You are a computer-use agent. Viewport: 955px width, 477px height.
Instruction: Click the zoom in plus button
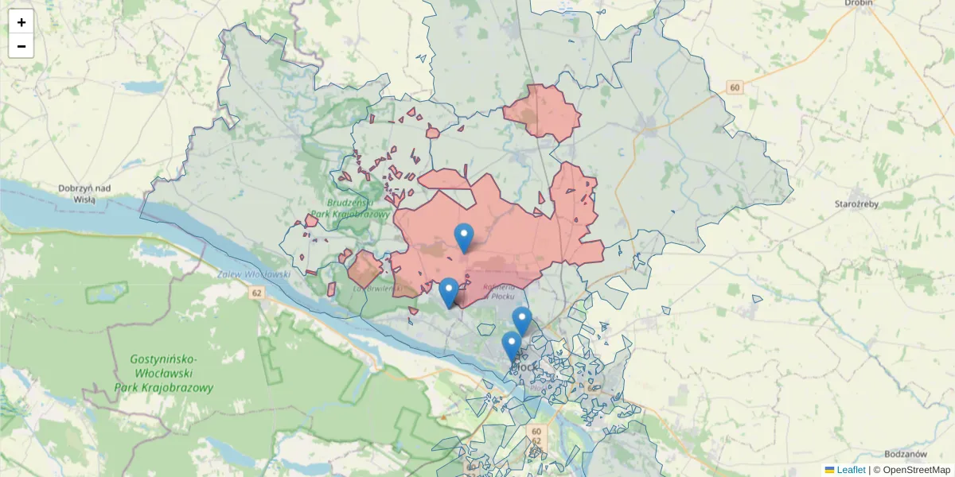click(x=21, y=21)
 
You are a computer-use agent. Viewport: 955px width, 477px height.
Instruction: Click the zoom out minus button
click(x=21, y=46)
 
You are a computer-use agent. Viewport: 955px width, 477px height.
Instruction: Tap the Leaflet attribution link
click(x=851, y=470)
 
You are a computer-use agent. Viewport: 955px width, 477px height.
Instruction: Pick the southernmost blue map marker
click(x=512, y=347)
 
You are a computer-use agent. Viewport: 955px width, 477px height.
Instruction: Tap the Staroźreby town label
click(x=856, y=204)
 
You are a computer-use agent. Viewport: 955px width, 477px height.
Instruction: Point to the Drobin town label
click(x=859, y=4)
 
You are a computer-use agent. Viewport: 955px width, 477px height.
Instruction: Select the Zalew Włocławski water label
click(x=254, y=274)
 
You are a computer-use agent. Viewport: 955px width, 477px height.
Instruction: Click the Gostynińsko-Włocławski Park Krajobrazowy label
click(x=172, y=374)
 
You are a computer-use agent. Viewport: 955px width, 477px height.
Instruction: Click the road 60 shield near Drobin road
click(x=734, y=87)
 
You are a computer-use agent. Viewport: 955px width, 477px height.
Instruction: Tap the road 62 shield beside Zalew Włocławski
click(x=255, y=293)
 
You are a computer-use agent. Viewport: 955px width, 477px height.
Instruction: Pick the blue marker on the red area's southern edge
click(x=449, y=292)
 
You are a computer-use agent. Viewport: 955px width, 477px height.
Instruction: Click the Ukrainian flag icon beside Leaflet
click(x=829, y=470)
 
